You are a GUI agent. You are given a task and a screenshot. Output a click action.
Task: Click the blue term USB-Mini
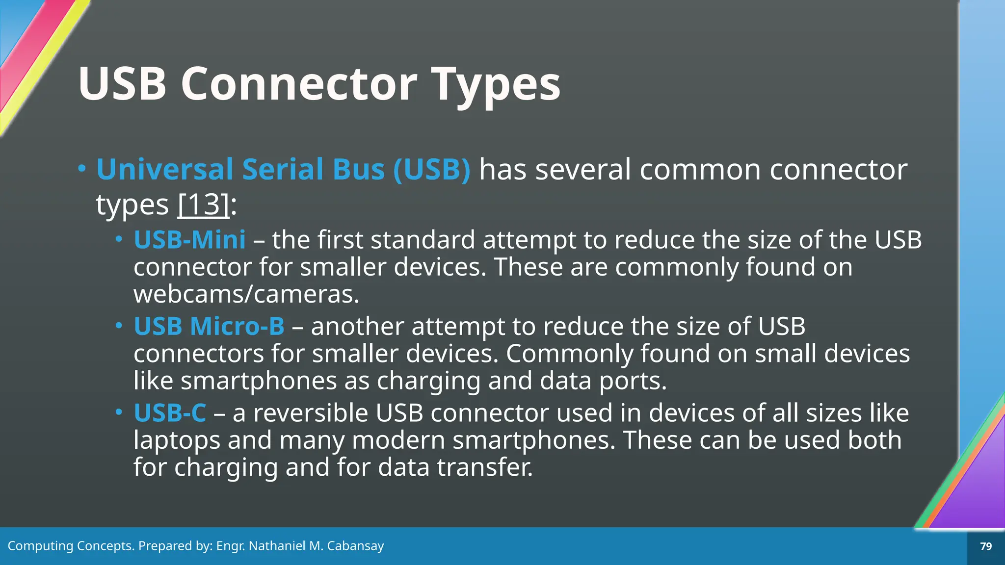[x=189, y=240]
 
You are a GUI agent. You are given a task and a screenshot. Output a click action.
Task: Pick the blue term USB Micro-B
[x=209, y=326]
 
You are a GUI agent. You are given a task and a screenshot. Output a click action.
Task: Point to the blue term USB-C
[x=170, y=412]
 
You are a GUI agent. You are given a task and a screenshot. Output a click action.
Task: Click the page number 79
[x=985, y=546]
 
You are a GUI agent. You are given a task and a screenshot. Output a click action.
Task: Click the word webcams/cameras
[x=246, y=294]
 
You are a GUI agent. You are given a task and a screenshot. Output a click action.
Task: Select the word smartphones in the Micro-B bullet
[x=259, y=381]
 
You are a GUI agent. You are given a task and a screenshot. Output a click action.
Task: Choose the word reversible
[x=310, y=412]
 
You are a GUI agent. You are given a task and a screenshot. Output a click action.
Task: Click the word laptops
[x=177, y=440]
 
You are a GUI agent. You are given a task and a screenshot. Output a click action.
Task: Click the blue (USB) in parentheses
[x=432, y=169]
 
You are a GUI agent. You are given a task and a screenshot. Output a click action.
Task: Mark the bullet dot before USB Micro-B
[x=118, y=325]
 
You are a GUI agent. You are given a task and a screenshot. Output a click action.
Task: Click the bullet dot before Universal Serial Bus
[x=81, y=169]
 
